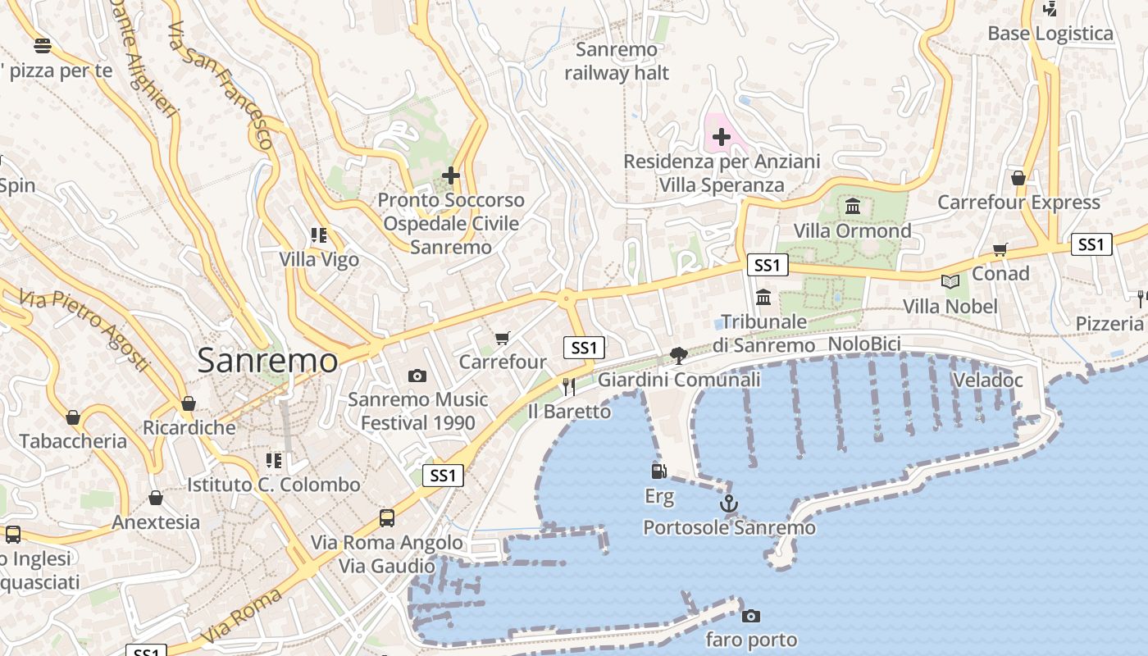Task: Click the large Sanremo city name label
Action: tap(267, 361)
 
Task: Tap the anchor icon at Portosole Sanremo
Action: tap(728, 503)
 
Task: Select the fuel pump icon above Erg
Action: tap(658, 471)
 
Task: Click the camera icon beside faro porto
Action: tap(750, 616)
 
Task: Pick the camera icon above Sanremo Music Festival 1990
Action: tap(417, 376)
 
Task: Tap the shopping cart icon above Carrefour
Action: tap(503, 338)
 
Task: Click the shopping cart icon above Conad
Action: tap(1000, 249)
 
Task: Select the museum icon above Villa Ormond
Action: tap(853, 206)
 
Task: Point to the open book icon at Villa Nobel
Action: tap(950, 282)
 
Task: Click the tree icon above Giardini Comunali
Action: tap(678, 355)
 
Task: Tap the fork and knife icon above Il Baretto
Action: tap(568, 386)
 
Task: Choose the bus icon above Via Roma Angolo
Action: tap(387, 518)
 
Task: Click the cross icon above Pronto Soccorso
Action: tap(450, 175)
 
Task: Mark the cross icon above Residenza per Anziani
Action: tap(722, 137)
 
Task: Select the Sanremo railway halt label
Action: tap(617, 61)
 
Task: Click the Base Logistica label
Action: tap(1050, 34)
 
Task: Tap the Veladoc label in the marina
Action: tap(987, 380)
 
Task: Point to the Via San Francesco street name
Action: tap(219, 85)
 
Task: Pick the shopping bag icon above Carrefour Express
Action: tap(1018, 178)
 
